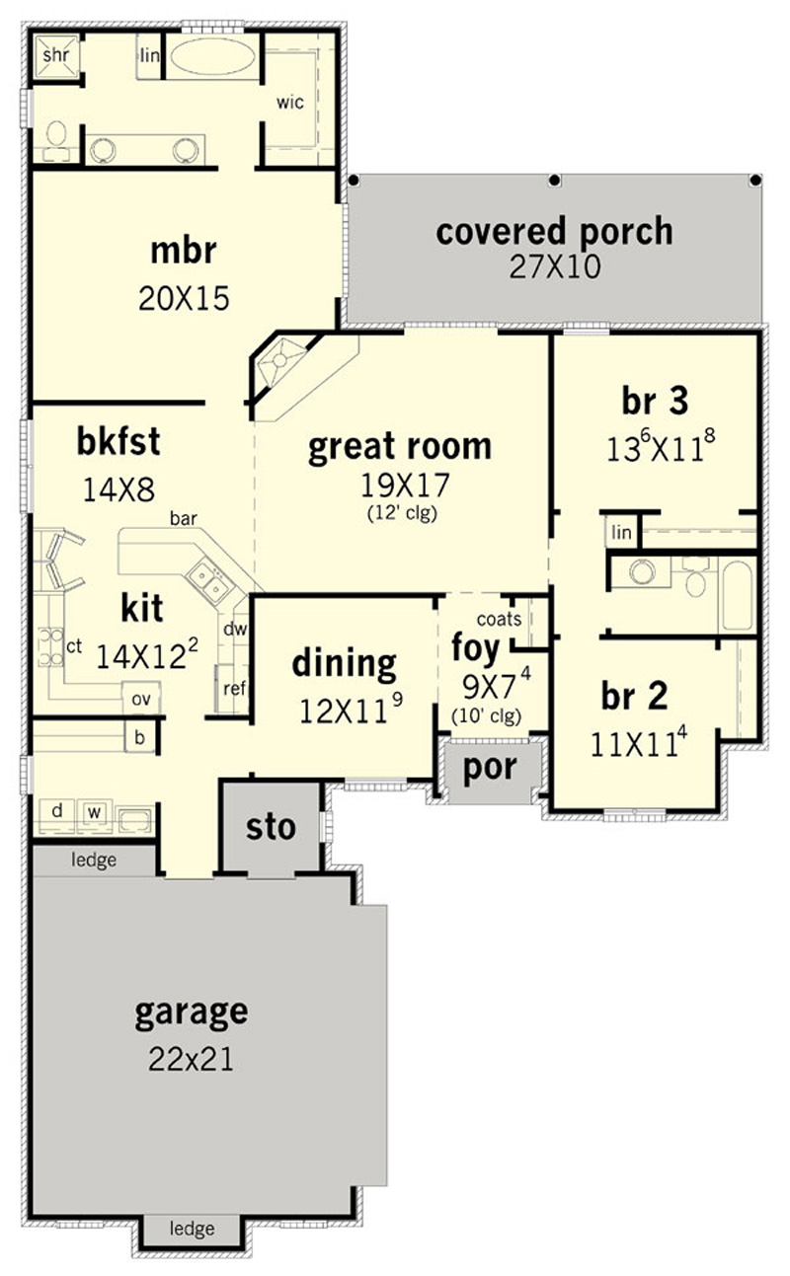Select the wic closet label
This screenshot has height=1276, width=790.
tap(289, 103)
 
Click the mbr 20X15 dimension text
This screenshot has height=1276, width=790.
tap(184, 298)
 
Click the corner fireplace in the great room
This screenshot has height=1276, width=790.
tap(282, 363)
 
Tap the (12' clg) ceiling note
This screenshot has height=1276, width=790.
tap(403, 513)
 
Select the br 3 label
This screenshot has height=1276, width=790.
tap(655, 401)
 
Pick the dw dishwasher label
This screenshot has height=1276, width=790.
tap(235, 629)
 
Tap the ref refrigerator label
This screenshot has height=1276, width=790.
tap(234, 689)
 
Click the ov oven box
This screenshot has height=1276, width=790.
tap(141, 699)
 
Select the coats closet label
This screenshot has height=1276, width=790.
tap(499, 619)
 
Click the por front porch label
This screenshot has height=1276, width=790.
tap(490, 769)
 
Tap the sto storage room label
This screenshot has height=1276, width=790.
tap(271, 827)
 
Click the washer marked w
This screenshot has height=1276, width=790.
tap(95, 812)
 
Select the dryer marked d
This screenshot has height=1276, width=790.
tap(57, 811)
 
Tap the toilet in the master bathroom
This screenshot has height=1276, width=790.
tap(56, 138)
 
